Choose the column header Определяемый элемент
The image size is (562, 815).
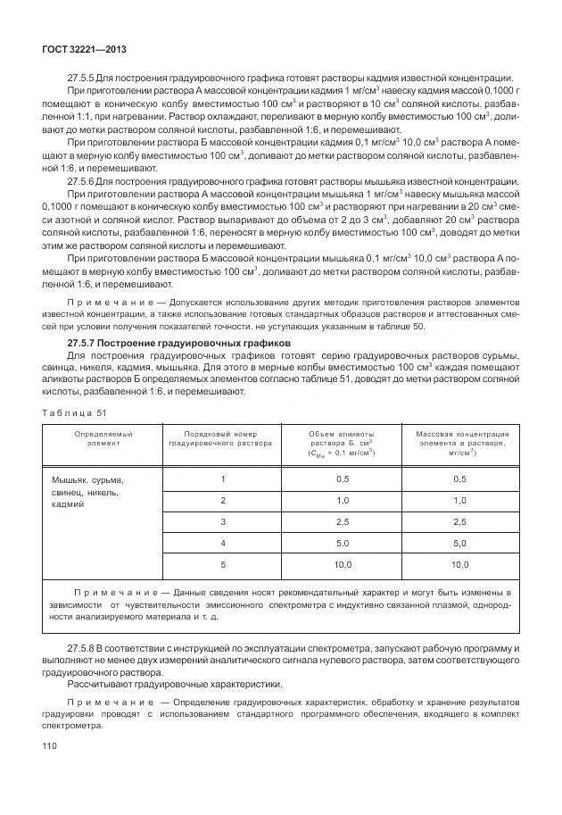[x=97, y=437]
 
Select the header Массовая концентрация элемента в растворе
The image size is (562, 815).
[x=459, y=443]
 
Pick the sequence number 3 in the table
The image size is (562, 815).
[x=223, y=521]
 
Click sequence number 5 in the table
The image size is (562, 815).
[x=223, y=564]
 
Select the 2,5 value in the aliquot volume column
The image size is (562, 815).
[x=343, y=521]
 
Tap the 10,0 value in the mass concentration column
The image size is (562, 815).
[x=459, y=564]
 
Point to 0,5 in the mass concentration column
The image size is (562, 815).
[x=459, y=478]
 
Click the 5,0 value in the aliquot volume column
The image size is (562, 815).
[x=343, y=543]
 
